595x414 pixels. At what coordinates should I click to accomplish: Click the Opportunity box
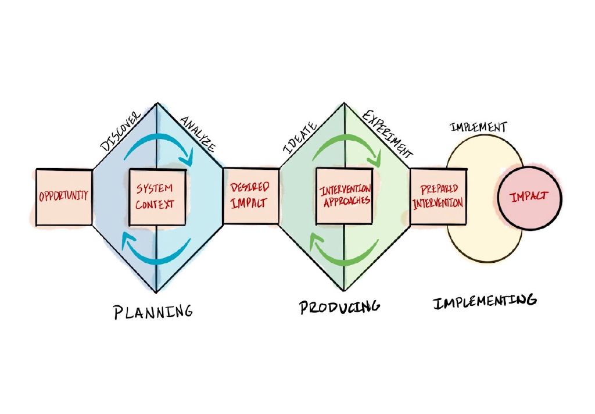click(64, 197)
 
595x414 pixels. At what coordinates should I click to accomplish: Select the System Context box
click(157, 197)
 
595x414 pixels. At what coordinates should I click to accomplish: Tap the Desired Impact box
click(250, 196)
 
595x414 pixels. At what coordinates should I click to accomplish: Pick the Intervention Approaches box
click(345, 196)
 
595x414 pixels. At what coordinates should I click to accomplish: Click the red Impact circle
click(529, 197)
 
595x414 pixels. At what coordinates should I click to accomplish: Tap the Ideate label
click(300, 137)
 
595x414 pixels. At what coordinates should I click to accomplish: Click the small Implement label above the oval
click(478, 127)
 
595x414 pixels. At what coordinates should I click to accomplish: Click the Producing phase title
click(339, 306)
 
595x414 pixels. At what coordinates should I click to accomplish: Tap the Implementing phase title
click(484, 301)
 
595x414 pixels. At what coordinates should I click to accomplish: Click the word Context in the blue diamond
click(157, 205)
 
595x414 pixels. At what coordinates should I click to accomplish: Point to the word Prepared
click(438, 189)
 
